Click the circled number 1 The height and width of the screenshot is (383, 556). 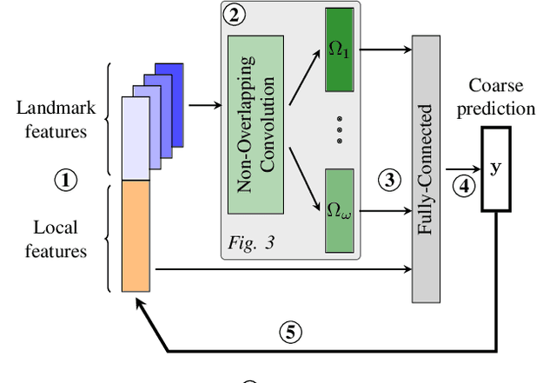click(66, 180)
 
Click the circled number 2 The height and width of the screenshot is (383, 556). click(232, 15)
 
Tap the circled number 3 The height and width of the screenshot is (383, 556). click(390, 180)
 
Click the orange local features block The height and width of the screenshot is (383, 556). click(137, 234)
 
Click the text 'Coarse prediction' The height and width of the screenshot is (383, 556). click(501, 97)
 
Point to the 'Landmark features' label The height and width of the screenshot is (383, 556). click(51, 120)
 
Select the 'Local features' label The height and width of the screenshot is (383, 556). click(56, 239)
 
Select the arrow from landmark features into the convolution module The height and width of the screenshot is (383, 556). click(205, 105)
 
